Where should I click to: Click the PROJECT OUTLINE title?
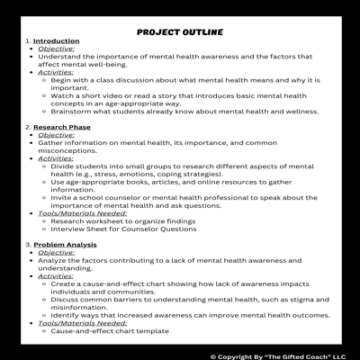(x=180, y=32)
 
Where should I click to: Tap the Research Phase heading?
(x=62, y=127)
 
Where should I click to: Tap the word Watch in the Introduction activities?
(x=62, y=95)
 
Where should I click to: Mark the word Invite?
(x=60, y=197)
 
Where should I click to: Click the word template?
(x=148, y=331)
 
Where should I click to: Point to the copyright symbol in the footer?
(x=214, y=355)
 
